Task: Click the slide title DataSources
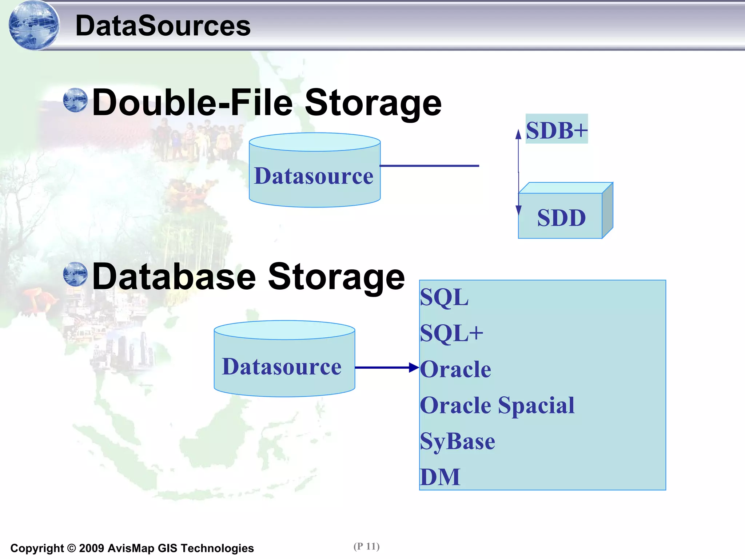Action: [x=163, y=26]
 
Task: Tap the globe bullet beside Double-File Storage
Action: [x=75, y=100]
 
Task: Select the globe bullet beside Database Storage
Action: [x=75, y=274]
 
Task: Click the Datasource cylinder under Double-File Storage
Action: [x=315, y=171]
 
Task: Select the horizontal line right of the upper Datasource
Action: [x=429, y=166]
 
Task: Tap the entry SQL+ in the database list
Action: [x=451, y=333]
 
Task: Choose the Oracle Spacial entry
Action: [x=497, y=405]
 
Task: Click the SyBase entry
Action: [x=457, y=441]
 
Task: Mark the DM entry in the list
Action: [x=440, y=477]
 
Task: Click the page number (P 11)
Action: [x=366, y=546]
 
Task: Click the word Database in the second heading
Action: [x=174, y=277]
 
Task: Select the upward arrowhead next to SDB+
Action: [x=518, y=134]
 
